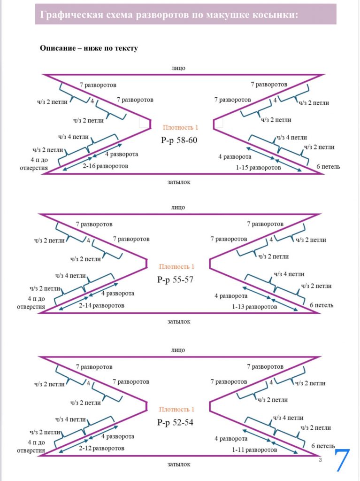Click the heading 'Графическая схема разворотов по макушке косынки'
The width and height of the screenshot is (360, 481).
click(169, 15)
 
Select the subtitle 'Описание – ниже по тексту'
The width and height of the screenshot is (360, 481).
click(89, 48)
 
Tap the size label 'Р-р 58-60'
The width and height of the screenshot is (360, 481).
click(178, 140)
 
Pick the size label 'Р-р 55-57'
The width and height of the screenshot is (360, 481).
click(175, 280)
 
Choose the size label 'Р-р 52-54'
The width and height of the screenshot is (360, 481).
click(175, 423)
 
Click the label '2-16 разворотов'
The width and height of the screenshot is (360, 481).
click(106, 166)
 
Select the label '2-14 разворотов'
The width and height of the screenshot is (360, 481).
click(102, 305)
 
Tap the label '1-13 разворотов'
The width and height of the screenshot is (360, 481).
click(254, 306)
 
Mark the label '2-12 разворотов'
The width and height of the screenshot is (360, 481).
click(102, 448)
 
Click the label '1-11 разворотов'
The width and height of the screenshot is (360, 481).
click(254, 450)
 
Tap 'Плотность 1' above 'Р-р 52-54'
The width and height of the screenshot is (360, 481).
click(176, 409)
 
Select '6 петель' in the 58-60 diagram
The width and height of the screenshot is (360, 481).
click(328, 167)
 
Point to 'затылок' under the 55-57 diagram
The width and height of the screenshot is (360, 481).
click(179, 322)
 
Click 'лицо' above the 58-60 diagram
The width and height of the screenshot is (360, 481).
click(178, 68)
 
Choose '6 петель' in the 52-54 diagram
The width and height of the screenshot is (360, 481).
click(322, 445)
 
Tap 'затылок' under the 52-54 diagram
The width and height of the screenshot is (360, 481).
click(179, 464)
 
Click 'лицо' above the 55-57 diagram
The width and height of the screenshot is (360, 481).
click(178, 207)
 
